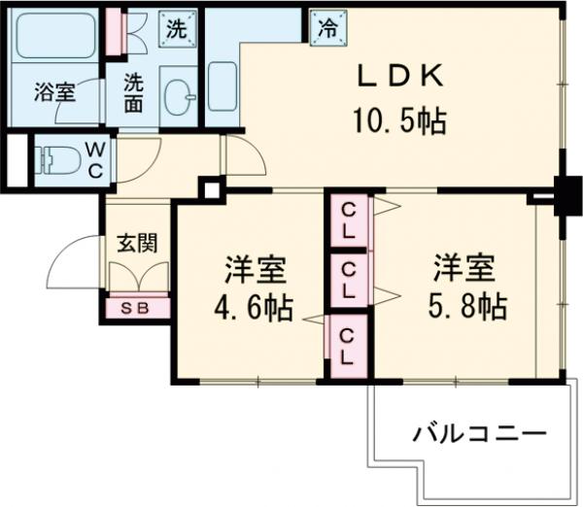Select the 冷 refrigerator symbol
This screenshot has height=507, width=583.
[326, 28]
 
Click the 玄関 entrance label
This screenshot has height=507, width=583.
[137, 243]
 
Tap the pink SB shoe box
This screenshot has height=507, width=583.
[138, 308]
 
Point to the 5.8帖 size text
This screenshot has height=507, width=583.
[464, 308]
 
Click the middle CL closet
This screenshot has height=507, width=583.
[347, 280]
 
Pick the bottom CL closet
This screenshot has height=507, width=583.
[347, 345]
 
